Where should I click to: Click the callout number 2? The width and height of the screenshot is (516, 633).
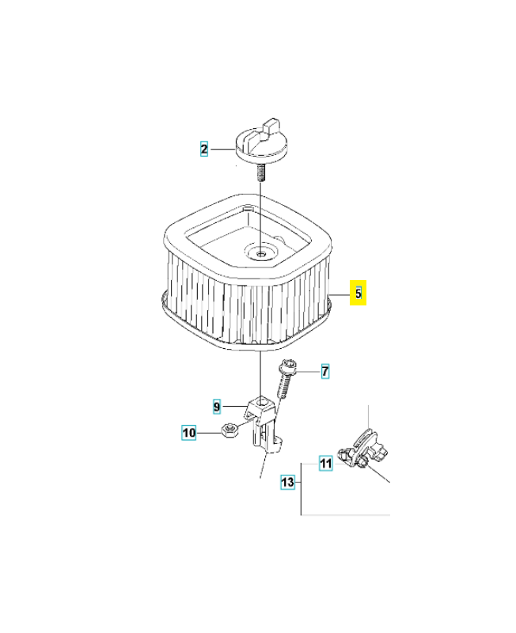coord(204,148)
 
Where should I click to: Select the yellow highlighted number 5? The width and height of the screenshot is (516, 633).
coord(358,294)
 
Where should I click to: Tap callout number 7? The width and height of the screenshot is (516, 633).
coord(324,370)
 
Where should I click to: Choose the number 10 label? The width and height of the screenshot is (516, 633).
coord(189,433)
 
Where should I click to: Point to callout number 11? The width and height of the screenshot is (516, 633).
coord(325,464)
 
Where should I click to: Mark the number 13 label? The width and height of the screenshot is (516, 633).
coord(287,481)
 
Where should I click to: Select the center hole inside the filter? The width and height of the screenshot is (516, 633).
coord(260,254)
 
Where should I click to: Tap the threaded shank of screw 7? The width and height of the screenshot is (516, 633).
coord(283,389)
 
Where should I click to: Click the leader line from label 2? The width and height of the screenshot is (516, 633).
coord(222,148)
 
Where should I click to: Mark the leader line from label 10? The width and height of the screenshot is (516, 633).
coord(207,433)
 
